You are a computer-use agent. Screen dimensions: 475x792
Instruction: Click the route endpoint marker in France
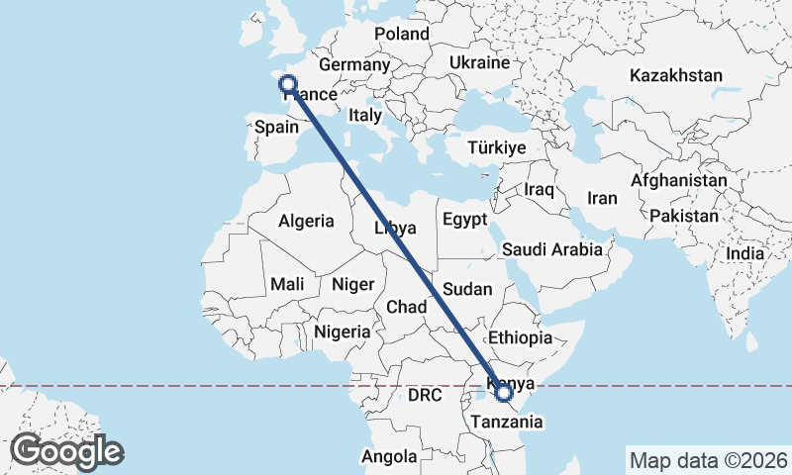288,85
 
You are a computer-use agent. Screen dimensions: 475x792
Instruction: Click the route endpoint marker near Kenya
504,394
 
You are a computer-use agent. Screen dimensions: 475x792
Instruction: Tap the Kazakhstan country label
676,75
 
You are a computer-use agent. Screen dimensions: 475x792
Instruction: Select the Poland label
401,34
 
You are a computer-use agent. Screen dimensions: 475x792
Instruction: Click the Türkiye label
496,147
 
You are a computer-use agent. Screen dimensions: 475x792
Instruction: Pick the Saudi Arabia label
552,249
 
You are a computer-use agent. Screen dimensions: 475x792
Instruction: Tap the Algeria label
306,222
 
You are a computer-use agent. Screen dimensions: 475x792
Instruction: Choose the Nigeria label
342,332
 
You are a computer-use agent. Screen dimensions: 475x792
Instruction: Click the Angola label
388,457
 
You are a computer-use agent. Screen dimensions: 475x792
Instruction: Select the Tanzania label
506,423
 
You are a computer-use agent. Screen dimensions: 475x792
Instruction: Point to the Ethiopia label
520,337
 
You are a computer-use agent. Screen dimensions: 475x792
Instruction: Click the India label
744,253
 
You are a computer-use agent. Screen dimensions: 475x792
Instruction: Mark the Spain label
276,127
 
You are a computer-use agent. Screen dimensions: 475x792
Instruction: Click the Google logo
66,451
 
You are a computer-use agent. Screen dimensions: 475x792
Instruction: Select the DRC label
424,395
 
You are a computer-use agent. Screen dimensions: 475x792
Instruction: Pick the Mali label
287,284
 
